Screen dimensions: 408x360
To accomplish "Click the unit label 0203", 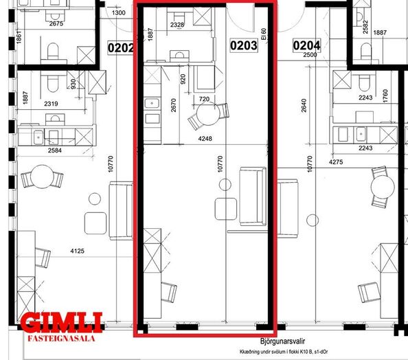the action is [244, 45].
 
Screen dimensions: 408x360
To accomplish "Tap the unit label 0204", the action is [306, 45].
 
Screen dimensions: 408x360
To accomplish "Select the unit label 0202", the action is [121, 48].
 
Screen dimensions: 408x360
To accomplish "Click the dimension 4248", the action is [205, 139].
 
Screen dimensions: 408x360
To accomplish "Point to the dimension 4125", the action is [78, 251].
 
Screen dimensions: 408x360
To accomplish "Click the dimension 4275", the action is [336, 162].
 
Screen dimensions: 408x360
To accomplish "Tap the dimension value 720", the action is [204, 99].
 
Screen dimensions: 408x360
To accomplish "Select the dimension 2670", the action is [174, 105].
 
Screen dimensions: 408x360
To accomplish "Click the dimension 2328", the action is [177, 25].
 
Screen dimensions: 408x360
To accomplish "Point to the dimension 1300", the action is [119, 13].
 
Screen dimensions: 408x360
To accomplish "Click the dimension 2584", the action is [55, 150].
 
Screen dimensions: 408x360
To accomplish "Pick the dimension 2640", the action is [304, 105].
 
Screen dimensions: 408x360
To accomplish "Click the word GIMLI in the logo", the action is [62, 323].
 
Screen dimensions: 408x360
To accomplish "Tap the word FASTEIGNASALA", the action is [61, 339].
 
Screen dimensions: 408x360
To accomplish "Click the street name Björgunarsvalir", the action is [282, 341].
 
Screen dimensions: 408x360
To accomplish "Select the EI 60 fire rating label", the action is [264, 34].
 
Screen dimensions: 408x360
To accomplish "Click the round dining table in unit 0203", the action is [208, 114].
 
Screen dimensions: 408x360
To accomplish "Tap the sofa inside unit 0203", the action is [253, 196].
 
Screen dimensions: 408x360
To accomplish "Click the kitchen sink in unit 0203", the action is [152, 103].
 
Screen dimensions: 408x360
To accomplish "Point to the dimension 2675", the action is [56, 23].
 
